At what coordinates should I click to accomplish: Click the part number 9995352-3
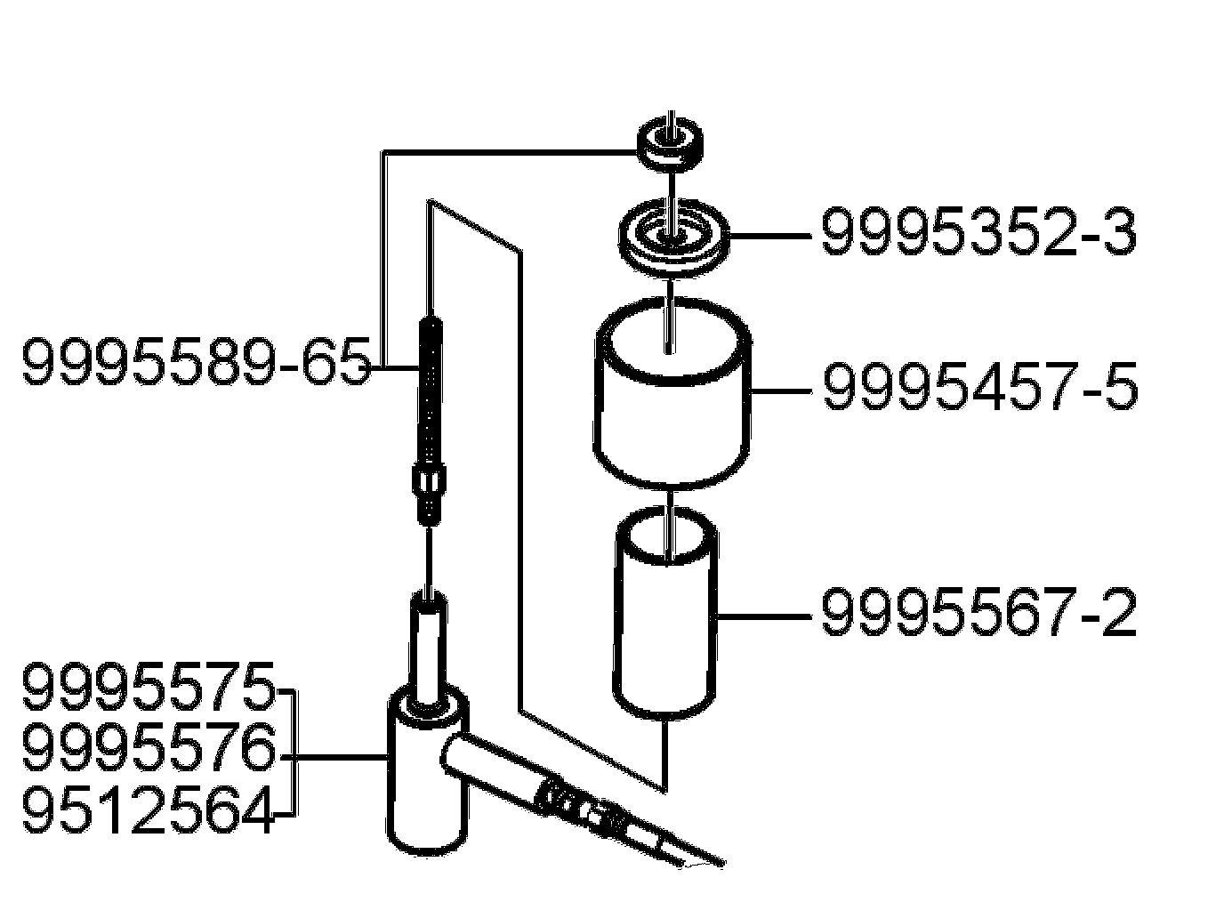click(978, 233)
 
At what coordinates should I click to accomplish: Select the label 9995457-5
click(979, 388)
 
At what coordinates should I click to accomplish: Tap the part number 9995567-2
click(978, 614)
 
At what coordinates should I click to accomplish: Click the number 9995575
click(148, 688)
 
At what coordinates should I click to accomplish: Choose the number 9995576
click(148, 750)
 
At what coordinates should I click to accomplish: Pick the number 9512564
click(148, 812)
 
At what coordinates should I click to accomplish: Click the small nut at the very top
click(670, 142)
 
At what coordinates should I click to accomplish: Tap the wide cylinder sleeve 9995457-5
click(672, 400)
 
